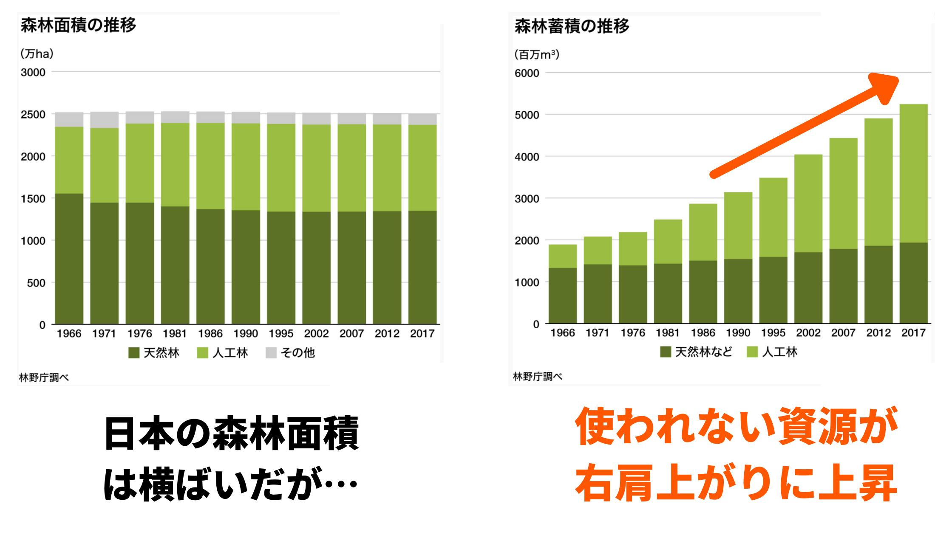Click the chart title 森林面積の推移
tap(78, 25)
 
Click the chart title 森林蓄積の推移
tap(572, 26)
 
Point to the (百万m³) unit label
tap(536, 55)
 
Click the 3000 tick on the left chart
tap(33, 72)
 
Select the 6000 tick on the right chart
tap(527, 73)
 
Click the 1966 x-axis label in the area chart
tap(69, 334)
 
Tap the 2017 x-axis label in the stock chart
tap(913, 333)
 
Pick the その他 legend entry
tap(291, 352)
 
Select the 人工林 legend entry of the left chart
tap(223, 352)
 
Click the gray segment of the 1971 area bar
tap(105, 120)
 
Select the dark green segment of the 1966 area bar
tap(69, 259)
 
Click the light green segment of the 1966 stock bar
tap(563, 256)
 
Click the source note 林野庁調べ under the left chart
tap(44, 377)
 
